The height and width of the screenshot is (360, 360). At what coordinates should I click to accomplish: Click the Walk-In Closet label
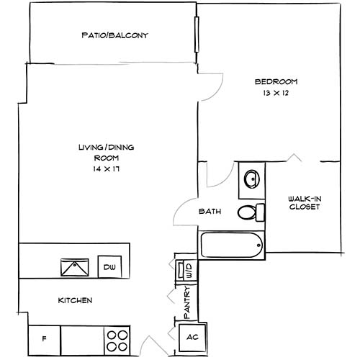303,202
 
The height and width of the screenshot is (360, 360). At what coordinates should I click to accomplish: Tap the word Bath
210,212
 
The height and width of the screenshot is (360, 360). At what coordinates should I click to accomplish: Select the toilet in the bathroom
248,212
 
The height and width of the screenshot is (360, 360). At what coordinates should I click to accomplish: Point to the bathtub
231,246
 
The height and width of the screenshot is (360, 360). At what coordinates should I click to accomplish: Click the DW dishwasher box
109,267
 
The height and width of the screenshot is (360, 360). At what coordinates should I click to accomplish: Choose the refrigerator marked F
43,338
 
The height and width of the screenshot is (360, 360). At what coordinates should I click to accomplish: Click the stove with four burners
117,338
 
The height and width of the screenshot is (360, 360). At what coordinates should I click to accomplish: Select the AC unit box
192,337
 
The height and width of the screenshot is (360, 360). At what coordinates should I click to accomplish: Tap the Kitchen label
75,300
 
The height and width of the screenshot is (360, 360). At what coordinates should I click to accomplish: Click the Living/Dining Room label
106,152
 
